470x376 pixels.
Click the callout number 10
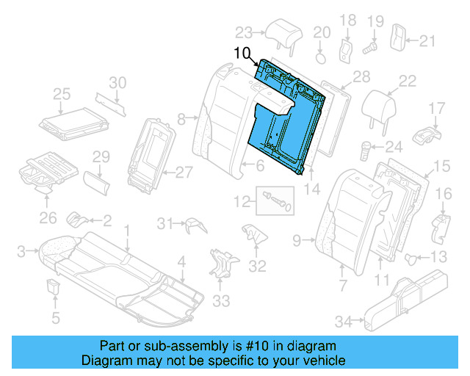click(x=243, y=53)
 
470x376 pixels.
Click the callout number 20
click(x=322, y=32)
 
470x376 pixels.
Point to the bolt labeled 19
click(x=371, y=46)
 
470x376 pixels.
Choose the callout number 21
click(x=427, y=40)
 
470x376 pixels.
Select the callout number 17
click(x=437, y=109)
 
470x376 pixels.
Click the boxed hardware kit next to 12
click(x=275, y=199)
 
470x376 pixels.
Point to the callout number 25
click(x=62, y=93)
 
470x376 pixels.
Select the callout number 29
click(x=101, y=156)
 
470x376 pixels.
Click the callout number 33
click(x=221, y=300)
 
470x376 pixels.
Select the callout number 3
click(x=21, y=251)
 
